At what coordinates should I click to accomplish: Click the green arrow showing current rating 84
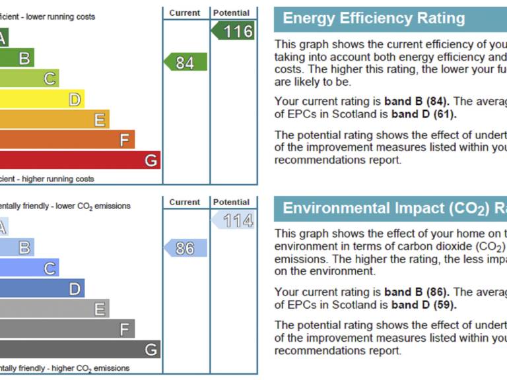click(x=186, y=62)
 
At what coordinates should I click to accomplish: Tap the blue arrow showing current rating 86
click(x=186, y=248)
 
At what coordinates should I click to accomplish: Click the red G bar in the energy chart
click(x=79, y=160)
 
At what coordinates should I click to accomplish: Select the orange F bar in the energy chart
click(x=66, y=140)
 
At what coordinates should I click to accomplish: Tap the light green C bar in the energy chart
click(x=29, y=79)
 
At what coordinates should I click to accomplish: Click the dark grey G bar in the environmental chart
click(x=79, y=349)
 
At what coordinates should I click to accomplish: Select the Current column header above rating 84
click(x=185, y=13)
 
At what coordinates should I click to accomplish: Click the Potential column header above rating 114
click(x=232, y=203)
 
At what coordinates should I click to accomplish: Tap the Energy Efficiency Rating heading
click(x=374, y=18)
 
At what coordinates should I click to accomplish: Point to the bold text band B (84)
click(x=417, y=102)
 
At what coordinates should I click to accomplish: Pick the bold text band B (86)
click(x=417, y=292)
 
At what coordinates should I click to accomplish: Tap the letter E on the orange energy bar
click(x=99, y=120)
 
